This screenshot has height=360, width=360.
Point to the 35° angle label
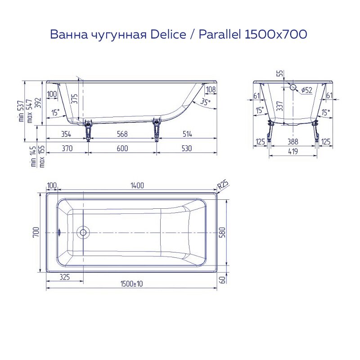point(205,102)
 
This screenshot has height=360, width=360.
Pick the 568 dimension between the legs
point(122,134)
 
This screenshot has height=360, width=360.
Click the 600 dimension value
point(122,148)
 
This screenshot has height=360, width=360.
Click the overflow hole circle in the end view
point(293,87)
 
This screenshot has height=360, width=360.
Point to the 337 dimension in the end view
point(280,107)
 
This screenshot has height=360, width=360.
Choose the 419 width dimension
point(293,152)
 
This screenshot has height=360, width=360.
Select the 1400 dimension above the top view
point(137,185)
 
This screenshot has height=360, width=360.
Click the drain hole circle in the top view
point(83,233)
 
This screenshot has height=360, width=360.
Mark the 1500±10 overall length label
point(131,284)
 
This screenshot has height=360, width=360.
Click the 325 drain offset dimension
point(64,277)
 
